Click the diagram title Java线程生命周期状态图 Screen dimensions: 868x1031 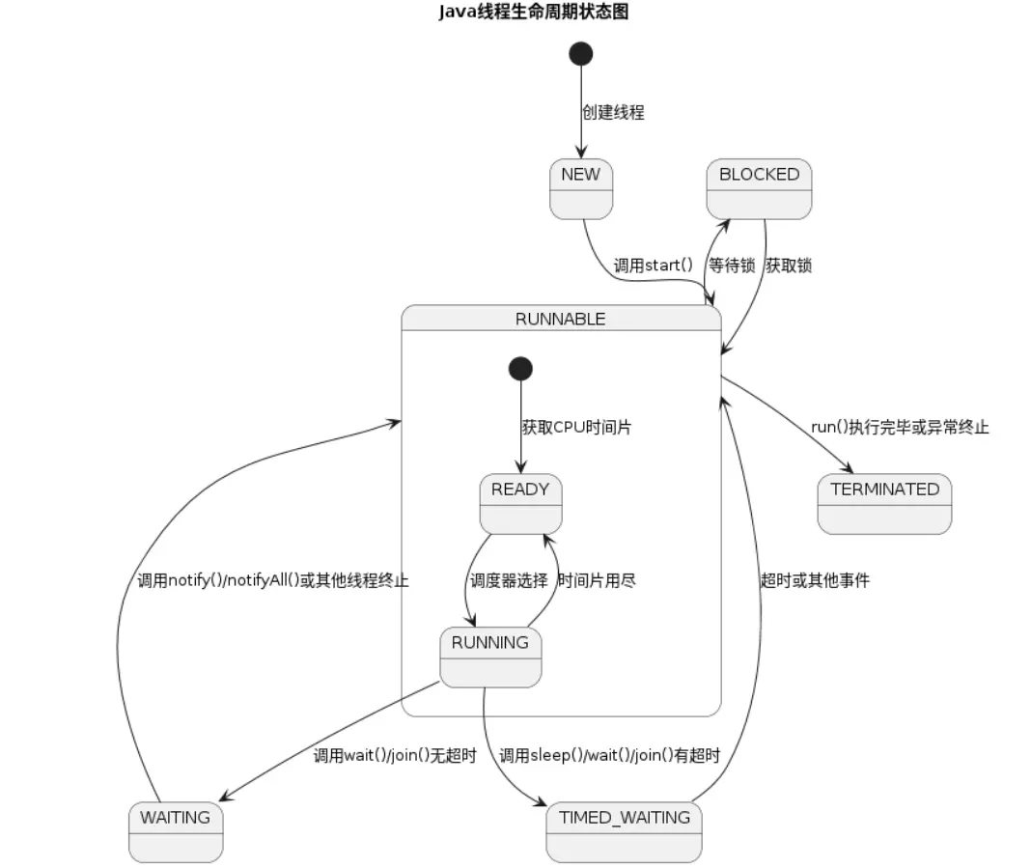click(x=533, y=13)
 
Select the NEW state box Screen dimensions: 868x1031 click(x=580, y=188)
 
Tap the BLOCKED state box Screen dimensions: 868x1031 click(x=759, y=188)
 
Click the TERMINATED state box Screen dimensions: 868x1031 click(x=884, y=503)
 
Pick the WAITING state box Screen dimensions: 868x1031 click(x=175, y=831)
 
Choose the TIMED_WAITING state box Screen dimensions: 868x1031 click(x=624, y=831)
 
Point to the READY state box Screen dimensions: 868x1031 click(x=520, y=503)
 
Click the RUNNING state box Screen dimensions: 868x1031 click(x=490, y=657)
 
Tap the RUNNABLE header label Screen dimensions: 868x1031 click(x=560, y=319)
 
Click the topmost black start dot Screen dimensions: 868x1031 click(x=581, y=53)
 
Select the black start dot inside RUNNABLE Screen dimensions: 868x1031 click(x=520, y=368)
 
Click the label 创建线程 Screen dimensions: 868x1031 click(x=612, y=112)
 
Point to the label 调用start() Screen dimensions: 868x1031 click(x=654, y=265)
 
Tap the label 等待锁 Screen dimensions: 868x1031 click(x=732, y=265)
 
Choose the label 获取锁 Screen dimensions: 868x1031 click(x=789, y=265)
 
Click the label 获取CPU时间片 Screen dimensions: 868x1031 click(x=576, y=427)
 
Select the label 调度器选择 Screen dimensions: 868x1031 click(x=509, y=580)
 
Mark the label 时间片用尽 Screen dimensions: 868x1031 click(x=597, y=580)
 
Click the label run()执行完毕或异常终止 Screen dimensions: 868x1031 click(x=900, y=427)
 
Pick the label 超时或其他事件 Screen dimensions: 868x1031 click(x=815, y=580)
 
